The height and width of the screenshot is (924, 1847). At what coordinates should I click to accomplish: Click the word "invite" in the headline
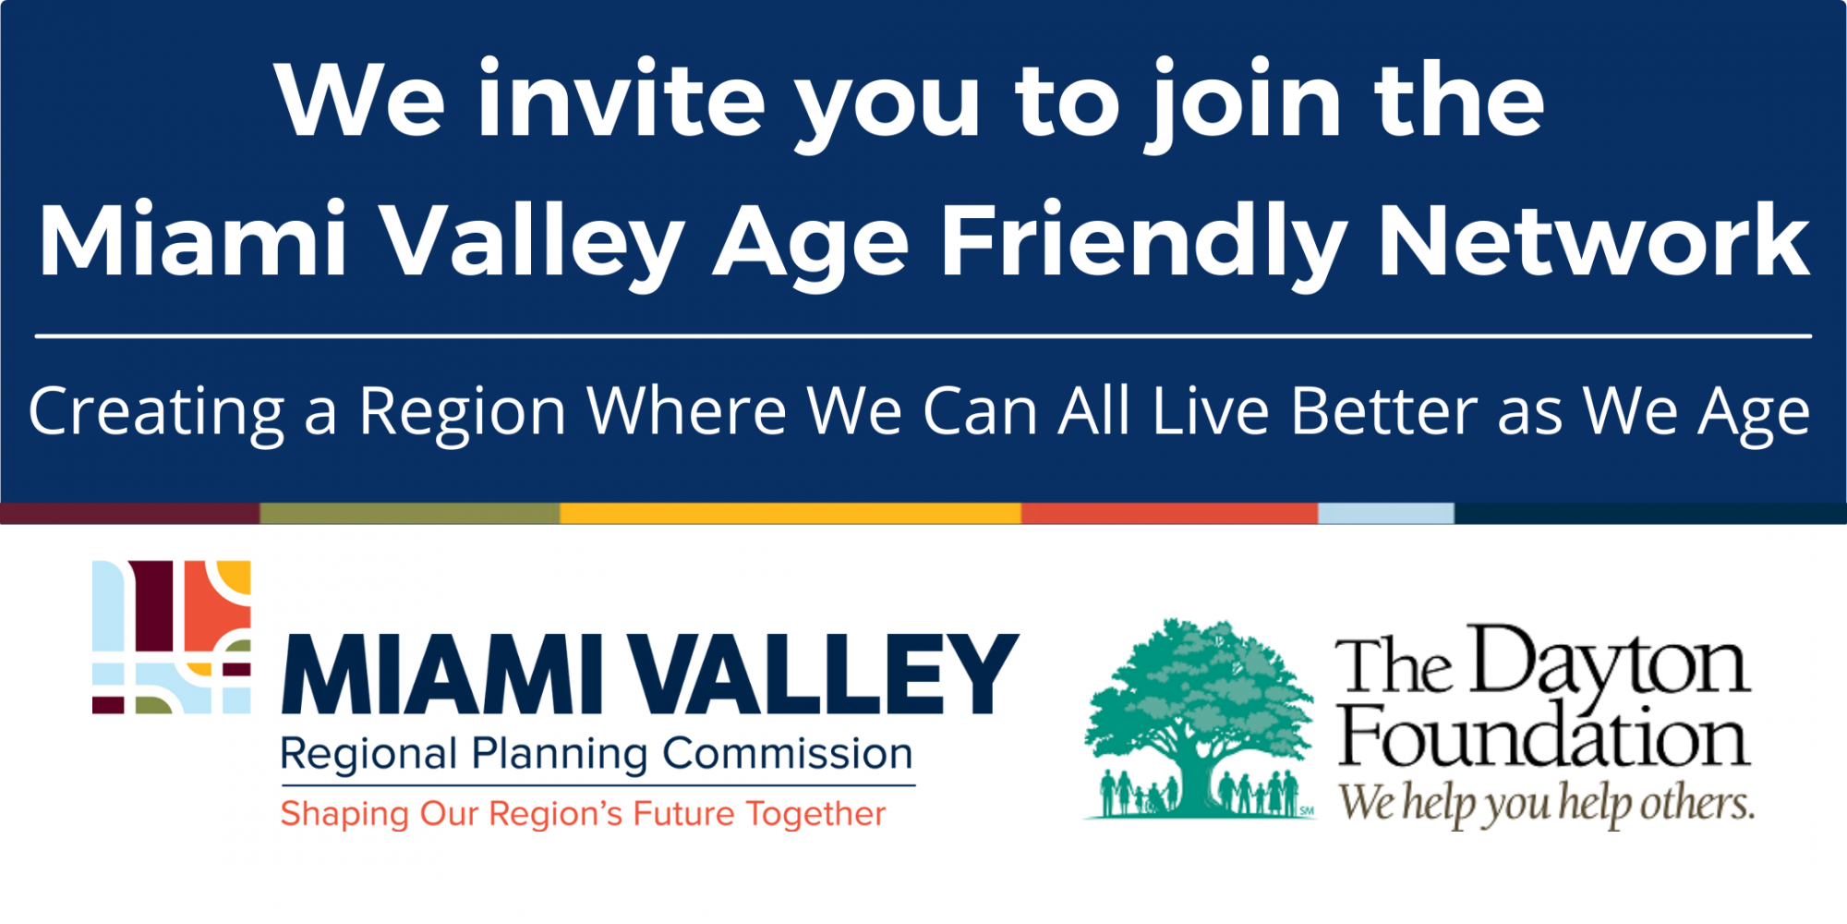pyautogui.click(x=622, y=98)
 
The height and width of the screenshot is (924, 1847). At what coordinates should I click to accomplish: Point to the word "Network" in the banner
pyautogui.click(x=1593, y=240)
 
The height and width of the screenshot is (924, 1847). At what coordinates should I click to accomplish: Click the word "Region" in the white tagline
pyautogui.click(x=462, y=413)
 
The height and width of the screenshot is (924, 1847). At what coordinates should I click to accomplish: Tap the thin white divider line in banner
pyautogui.click(x=923, y=336)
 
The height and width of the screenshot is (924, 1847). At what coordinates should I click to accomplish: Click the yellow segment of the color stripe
pyautogui.click(x=791, y=514)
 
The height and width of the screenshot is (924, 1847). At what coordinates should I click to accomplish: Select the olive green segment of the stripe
pyautogui.click(x=410, y=514)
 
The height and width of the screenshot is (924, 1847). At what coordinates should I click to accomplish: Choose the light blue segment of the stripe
pyautogui.click(x=1386, y=514)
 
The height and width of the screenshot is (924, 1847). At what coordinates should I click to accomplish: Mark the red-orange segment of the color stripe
pyautogui.click(x=1169, y=514)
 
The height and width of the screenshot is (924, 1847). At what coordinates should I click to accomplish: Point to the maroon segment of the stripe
pyautogui.click(x=130, y=514)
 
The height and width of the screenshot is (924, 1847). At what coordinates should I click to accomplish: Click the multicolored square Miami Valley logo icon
pyautogui.click(x=172, y=637)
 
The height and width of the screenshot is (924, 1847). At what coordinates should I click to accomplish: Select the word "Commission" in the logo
pyautogui.click(x=788, y=754)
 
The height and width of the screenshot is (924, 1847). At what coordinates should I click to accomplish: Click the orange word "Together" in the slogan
pyautogui.click(x=815, y=815)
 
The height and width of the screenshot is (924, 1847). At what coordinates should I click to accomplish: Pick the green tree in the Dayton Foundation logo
pyautogui.click(x=1200, y=719)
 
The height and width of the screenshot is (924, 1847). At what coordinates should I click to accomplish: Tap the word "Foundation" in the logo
pyautogui.click(x=1544, y=736)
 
